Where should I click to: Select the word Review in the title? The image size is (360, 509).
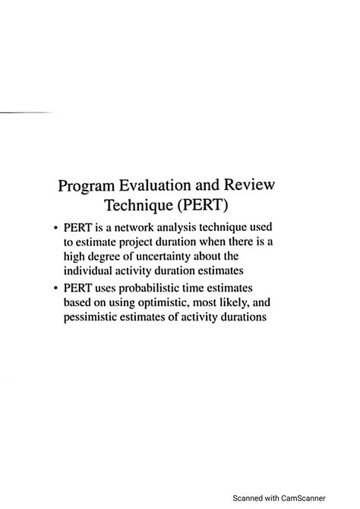point(254,185)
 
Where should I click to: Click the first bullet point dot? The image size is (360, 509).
point(55,228)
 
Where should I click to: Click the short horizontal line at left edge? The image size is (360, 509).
point(23,112)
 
